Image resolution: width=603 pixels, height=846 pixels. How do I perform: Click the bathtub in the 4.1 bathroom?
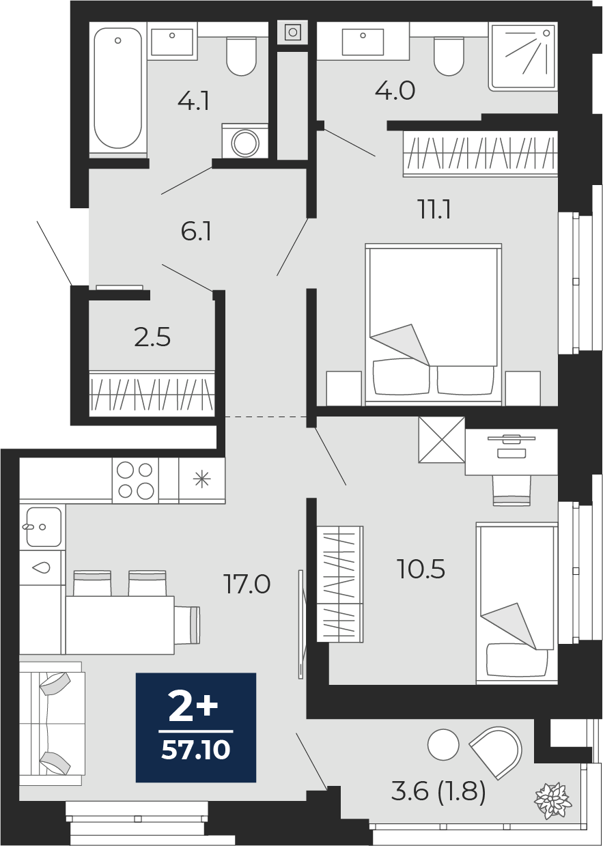(x=118, y=88)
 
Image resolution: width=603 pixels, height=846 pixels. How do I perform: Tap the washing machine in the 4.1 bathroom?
(x=245, y=141)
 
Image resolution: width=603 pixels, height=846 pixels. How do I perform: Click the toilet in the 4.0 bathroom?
(x=449, y=56)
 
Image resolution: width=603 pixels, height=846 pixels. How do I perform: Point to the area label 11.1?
(x=434, y=210)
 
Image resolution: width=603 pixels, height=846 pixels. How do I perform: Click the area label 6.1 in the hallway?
(x=196, y=232)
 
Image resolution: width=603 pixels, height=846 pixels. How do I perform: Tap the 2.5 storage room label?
(x=152, y=337)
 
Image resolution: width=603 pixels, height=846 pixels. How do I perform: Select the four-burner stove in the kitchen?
(x=135, y=481)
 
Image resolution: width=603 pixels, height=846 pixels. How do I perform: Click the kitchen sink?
(x=42, y=527)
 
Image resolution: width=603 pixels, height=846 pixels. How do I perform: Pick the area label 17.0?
(x=247, y=584)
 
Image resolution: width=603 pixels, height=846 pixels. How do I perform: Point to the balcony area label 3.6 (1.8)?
(x=438, y=791)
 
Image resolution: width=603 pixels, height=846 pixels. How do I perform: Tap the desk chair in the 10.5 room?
(x=511, y=490)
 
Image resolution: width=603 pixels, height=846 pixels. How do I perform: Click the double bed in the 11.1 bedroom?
(x=434, y=324)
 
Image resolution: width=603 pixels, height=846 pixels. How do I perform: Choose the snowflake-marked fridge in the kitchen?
(x=201, y=481)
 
